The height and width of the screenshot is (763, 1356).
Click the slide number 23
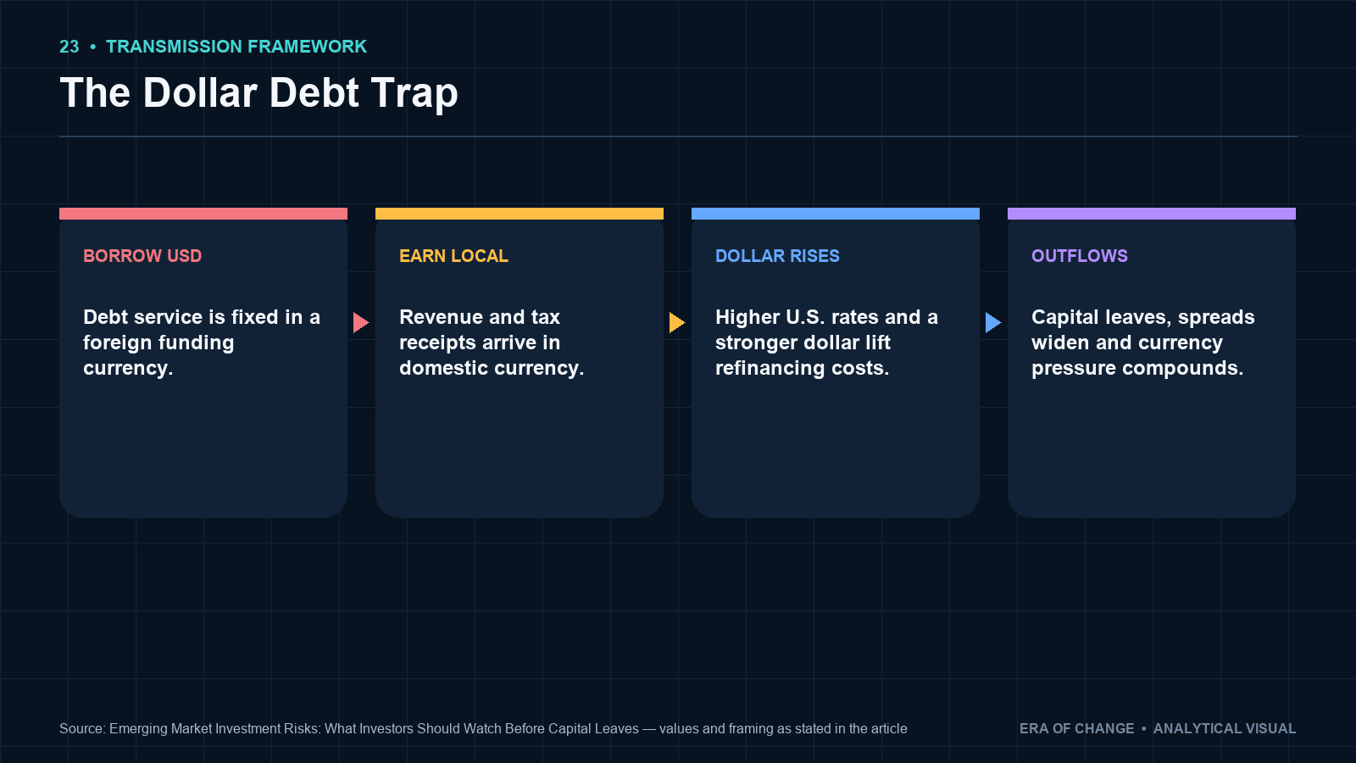point(69,47)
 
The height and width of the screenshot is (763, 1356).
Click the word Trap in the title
point(414,94)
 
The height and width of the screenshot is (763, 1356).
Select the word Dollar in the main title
point(200,92)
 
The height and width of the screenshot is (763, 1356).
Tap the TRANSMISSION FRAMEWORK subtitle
point(236,47)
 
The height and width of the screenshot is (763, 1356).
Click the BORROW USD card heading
point(142,256)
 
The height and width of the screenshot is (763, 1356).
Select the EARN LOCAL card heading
point(453,256)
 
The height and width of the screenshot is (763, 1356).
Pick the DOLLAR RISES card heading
point(777,256)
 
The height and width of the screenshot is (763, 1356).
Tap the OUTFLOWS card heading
point(1080,256)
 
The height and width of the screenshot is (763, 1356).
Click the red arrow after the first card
point(361,323)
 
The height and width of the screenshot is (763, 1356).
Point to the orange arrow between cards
point(677,323)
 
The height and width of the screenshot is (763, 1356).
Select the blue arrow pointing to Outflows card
point(992,323)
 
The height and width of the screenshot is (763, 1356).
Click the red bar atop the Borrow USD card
point(203,214)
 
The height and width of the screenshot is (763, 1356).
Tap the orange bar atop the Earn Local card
point(520,214)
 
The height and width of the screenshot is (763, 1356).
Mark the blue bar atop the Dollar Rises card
point(836,214)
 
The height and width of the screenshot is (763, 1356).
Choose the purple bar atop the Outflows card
point(1152,214)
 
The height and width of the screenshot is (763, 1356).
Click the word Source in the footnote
point(81,728)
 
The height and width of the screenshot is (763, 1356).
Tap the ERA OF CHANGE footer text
point(1076,728)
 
